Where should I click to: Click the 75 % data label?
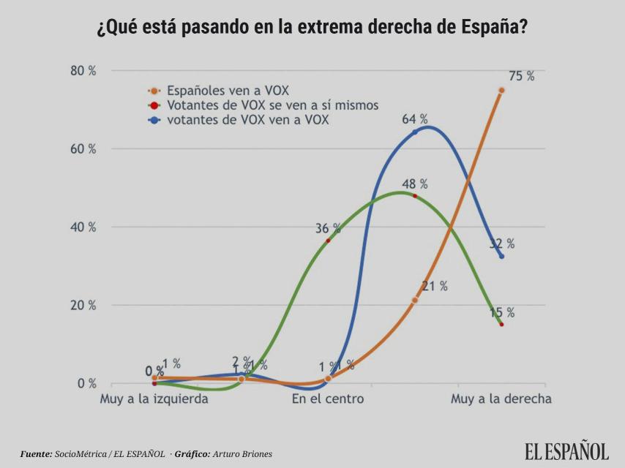522,76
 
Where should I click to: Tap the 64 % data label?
415,119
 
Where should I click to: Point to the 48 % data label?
414,184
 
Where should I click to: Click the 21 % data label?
435,286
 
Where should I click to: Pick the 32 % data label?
502,244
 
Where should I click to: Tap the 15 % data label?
502,312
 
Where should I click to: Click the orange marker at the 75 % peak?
501,90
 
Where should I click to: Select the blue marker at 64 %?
415,132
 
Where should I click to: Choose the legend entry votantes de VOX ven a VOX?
247,120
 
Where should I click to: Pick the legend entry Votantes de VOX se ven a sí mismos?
272,105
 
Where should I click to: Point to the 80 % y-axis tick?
83,71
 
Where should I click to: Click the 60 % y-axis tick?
83,149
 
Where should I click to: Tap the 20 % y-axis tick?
83,305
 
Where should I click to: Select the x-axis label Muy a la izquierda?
154,399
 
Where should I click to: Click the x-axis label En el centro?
328,399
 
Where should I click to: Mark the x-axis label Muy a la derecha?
501,399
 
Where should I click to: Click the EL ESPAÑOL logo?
566,451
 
